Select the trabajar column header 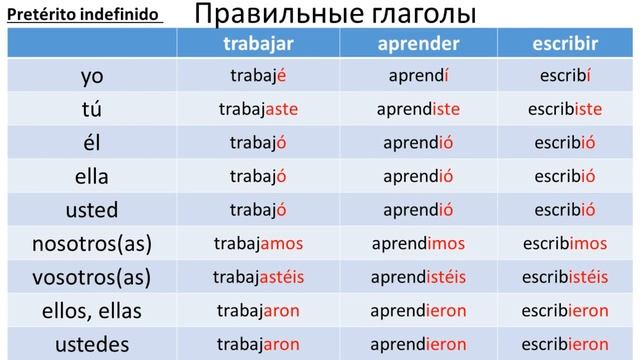click(258, 44)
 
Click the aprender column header click(418, 44)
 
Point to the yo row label click(92, 76)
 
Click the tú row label click(92, 109)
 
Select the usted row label click(92, 210)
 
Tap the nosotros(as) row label click(92, 243)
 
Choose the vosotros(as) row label click(92, 277)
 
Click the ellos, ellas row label click(92, 311)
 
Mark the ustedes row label click(92, 344)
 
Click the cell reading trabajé click(258, 76)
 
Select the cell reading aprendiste click(418, 109)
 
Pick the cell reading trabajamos click(258, 243)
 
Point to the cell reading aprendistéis click(418, 277)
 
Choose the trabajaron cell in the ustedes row click(258, 344)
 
